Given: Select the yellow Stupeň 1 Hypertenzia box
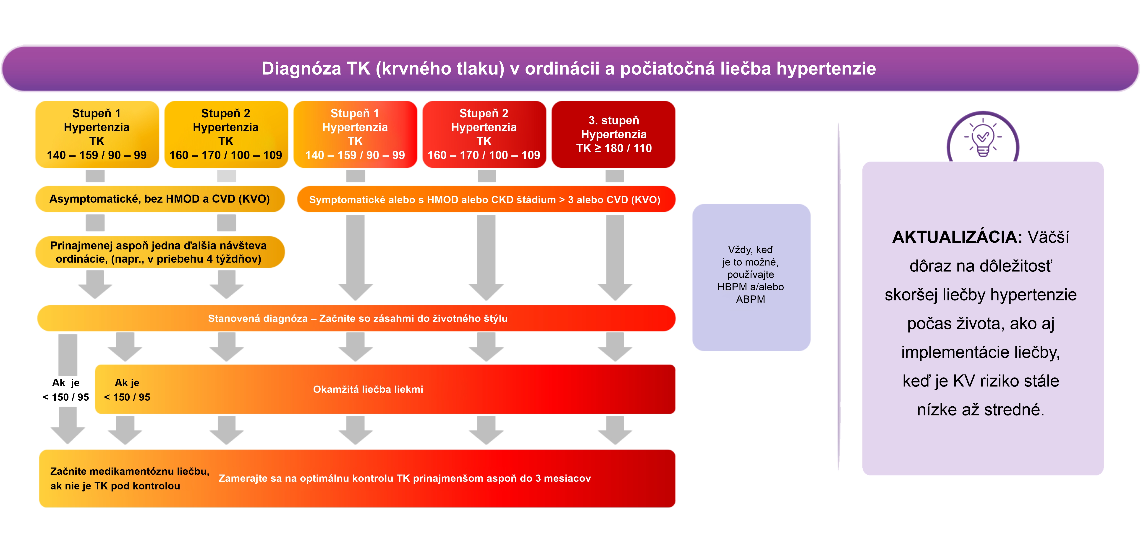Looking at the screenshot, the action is (x=97, y=134).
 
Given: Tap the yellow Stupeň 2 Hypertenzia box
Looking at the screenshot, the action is (x=226, y=134).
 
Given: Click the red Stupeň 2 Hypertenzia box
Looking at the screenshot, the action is (x=484, y=134).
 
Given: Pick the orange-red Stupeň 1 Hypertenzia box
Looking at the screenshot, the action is (x=355, y=134).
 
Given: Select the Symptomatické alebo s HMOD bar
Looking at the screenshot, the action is (x=486, y=199).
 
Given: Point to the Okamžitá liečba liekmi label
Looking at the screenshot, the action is (x=368, y=389).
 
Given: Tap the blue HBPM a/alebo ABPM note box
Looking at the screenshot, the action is (x=751, y=277).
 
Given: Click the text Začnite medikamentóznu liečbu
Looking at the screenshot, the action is (x=130, y=471).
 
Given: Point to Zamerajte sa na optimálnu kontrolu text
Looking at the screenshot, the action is (x=404, y=478).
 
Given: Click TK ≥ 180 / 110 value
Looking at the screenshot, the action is (x=614, y=148).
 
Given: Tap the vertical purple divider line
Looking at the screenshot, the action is (x=838, y=297).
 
